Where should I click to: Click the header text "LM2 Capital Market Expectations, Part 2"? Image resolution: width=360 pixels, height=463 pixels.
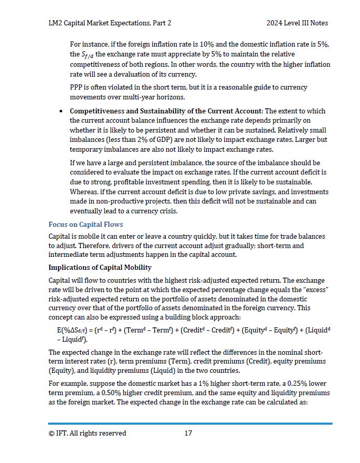pos(110,23)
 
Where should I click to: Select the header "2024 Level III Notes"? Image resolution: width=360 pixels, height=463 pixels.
pos(297,23)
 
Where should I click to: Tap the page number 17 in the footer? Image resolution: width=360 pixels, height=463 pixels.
pos(188,433)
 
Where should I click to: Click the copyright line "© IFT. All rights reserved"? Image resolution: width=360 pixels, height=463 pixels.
pos(87,433)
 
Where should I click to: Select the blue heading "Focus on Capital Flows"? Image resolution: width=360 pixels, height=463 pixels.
pos(85,224)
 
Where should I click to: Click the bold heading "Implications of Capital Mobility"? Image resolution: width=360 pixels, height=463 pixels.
pos(100,267)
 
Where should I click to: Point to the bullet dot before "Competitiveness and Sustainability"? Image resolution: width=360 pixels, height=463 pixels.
pos(62,111)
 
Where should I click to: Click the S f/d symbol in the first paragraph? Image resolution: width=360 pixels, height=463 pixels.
pos(88,54)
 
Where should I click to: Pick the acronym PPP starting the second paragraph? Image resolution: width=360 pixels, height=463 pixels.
pos(77,87)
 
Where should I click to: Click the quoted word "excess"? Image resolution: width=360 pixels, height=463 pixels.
pos(313,289)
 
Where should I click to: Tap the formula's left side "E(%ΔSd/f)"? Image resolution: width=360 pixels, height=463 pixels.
pos(73,330)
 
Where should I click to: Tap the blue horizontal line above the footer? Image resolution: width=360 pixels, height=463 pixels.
pos(190,424)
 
